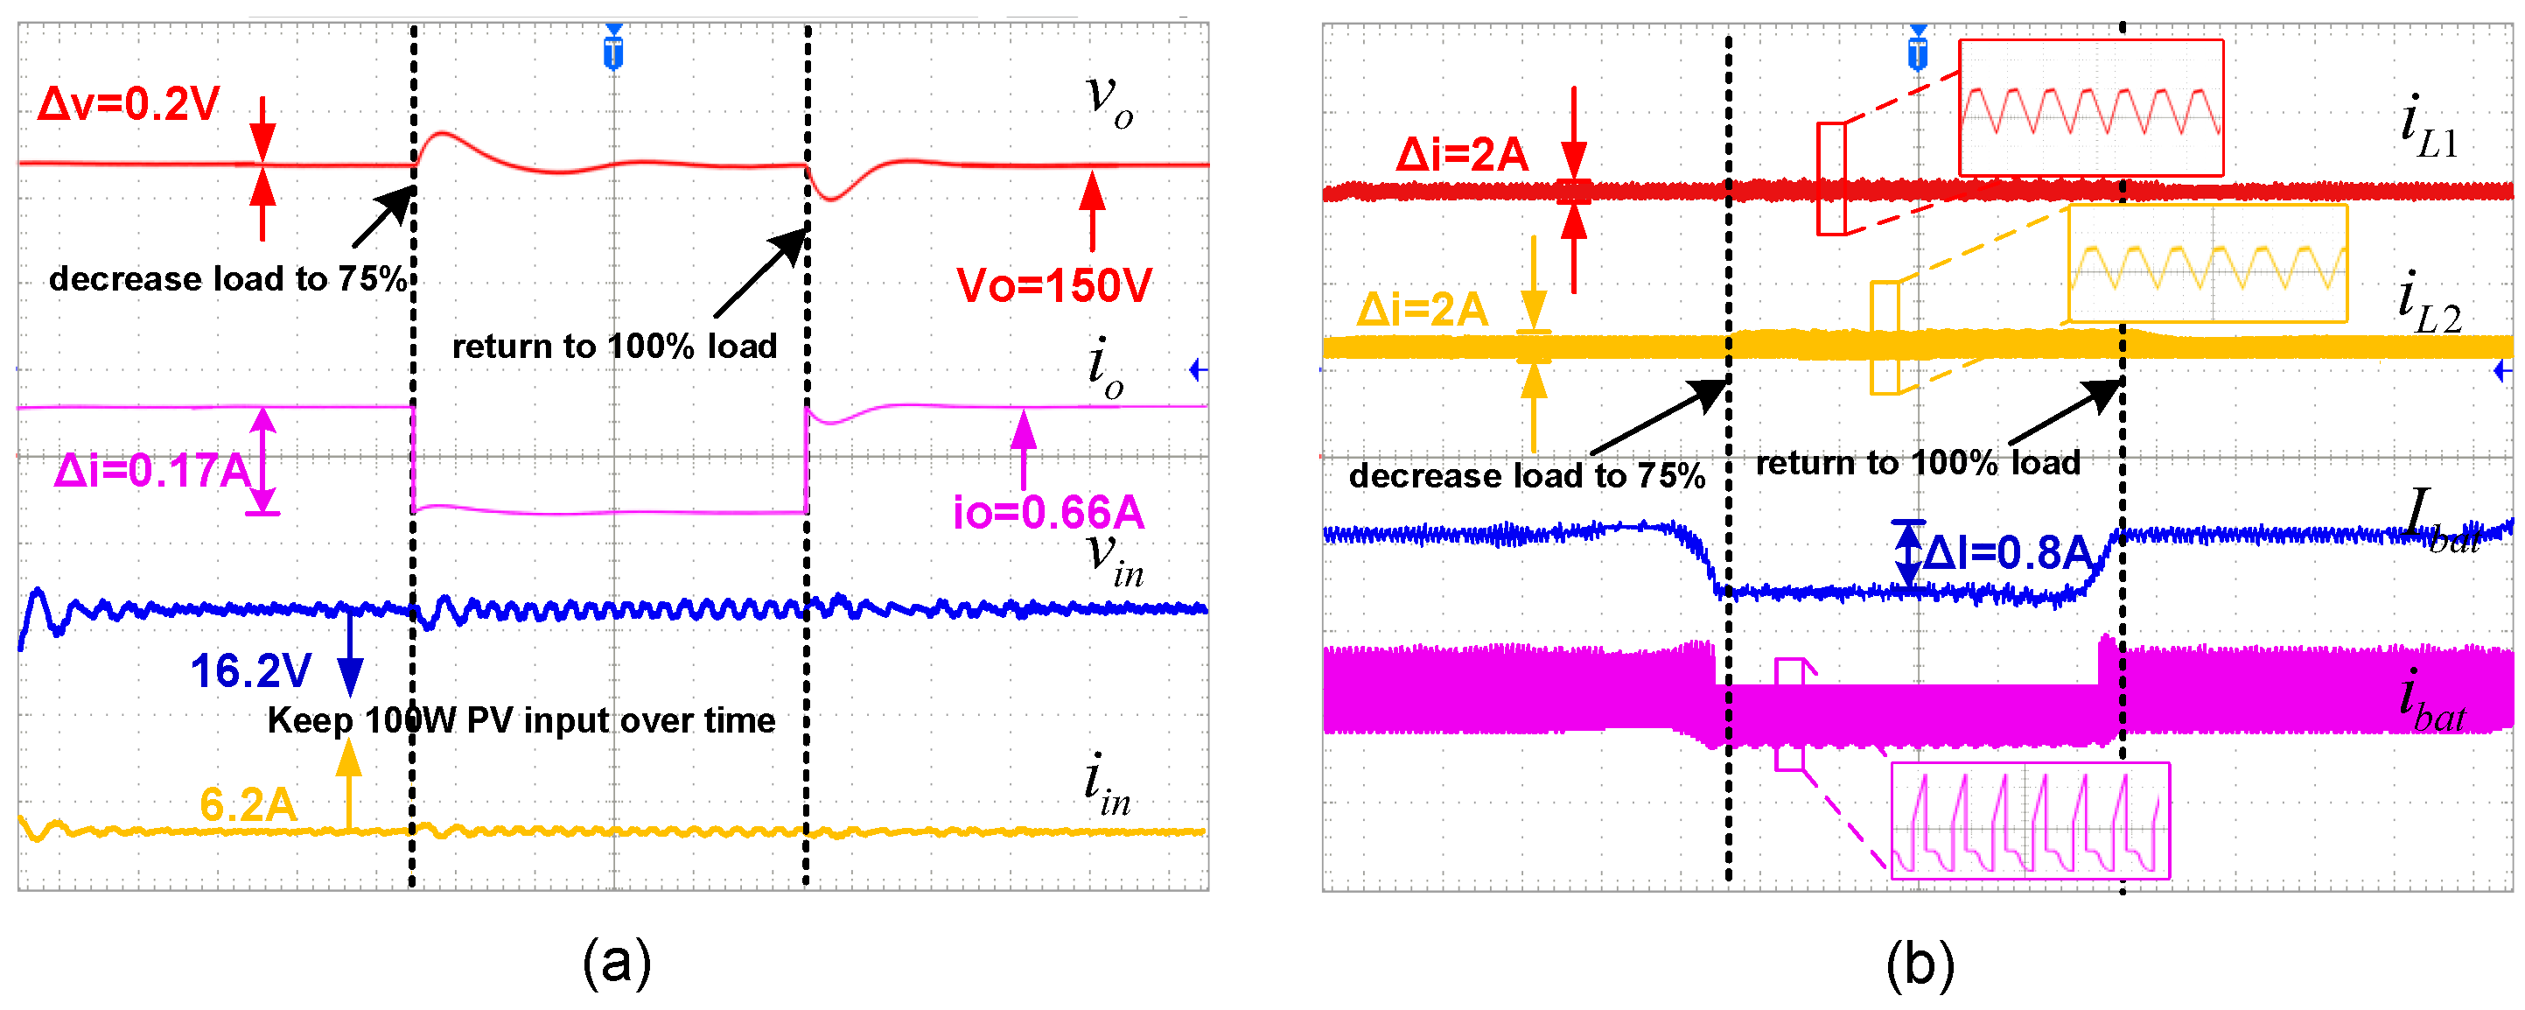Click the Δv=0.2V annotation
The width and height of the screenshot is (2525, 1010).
point(129,104)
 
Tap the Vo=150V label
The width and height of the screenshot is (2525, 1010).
point(1053,285)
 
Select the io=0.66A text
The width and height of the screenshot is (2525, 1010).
point(1048,512)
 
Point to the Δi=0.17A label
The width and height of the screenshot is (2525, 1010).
point(152,471)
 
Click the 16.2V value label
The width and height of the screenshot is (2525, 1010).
point(251,671)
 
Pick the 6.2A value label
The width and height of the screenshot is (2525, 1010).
point(248,805)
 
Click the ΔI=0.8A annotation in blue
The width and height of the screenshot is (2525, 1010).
point(2005,553)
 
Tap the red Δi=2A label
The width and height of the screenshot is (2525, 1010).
point(1461,155)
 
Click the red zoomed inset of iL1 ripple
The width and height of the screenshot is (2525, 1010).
point(2090,108)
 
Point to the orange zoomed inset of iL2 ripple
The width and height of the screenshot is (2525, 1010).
point(2207,263)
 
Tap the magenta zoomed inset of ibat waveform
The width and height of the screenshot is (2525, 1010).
point(2029,820)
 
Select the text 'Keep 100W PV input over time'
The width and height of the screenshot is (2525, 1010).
point(521,720)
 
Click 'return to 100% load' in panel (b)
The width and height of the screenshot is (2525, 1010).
point(1917,462)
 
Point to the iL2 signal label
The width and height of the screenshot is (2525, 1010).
point(2429,304)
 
